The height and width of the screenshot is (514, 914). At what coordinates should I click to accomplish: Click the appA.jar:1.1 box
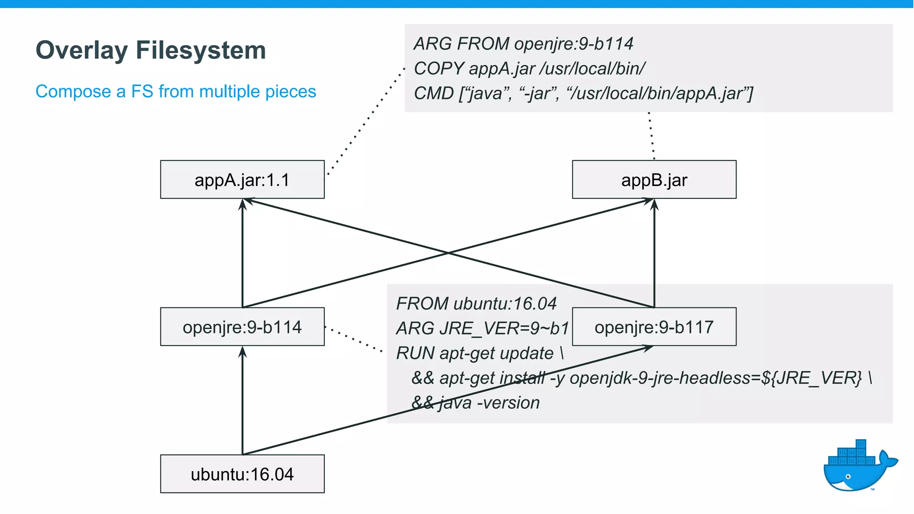tap(242, 179)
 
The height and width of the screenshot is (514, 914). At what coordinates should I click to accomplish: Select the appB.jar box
tap(654, 179)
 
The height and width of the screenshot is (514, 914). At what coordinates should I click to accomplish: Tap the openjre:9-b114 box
tap(242, 327)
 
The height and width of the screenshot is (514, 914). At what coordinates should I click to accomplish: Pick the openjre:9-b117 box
tap(654, 327)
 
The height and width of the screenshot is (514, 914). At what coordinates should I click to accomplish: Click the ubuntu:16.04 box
tap(242, 474)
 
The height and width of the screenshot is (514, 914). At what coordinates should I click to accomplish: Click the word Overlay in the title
tap(81, 50)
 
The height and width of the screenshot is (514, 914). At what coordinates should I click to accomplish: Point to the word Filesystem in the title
tap(201, 50)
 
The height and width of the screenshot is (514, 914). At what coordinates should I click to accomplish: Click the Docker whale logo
tap(857, 466)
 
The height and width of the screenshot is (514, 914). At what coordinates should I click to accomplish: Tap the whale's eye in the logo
tap(848, 477)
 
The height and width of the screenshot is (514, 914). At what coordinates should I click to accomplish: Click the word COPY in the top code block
tap(439, 69)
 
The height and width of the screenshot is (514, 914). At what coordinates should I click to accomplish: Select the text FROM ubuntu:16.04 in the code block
tap(476, 304)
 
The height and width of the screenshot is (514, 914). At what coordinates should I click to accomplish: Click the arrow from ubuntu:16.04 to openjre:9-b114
tap(242, 402)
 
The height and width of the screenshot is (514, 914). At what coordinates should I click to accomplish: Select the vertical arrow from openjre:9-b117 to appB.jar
tap(654, 254)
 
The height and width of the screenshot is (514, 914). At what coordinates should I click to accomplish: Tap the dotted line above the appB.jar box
tap(652, 136)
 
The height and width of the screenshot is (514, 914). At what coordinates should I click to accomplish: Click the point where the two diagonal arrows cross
tap(448, 253)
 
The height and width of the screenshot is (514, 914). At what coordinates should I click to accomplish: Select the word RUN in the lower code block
tap(415, 353)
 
